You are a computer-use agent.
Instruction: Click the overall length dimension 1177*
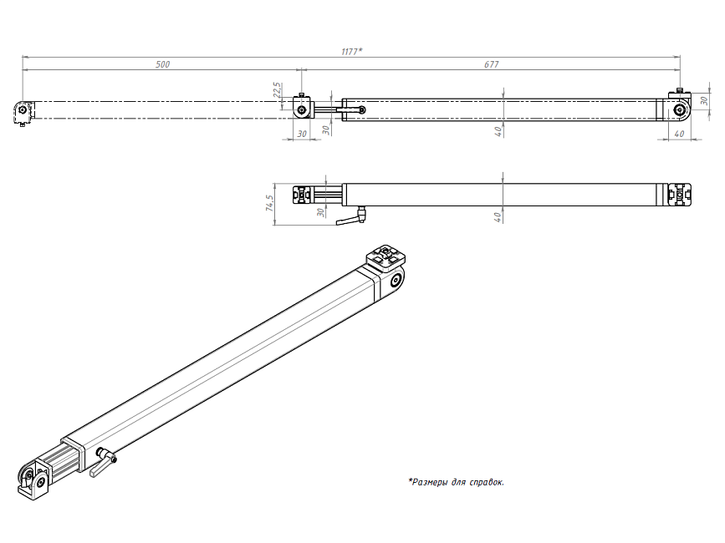(351, 52)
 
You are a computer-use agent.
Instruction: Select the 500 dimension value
(163, 64)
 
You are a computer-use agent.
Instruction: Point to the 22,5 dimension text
(276, 90)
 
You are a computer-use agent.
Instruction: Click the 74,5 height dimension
(269, 204)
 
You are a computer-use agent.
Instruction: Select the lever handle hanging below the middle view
(350, 221)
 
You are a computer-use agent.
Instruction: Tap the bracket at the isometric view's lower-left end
(33, 481)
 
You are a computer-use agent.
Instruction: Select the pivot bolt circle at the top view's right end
(681, 109)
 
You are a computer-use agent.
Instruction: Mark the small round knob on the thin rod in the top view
(361, 109)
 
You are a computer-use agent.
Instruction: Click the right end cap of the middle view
(682, 195)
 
